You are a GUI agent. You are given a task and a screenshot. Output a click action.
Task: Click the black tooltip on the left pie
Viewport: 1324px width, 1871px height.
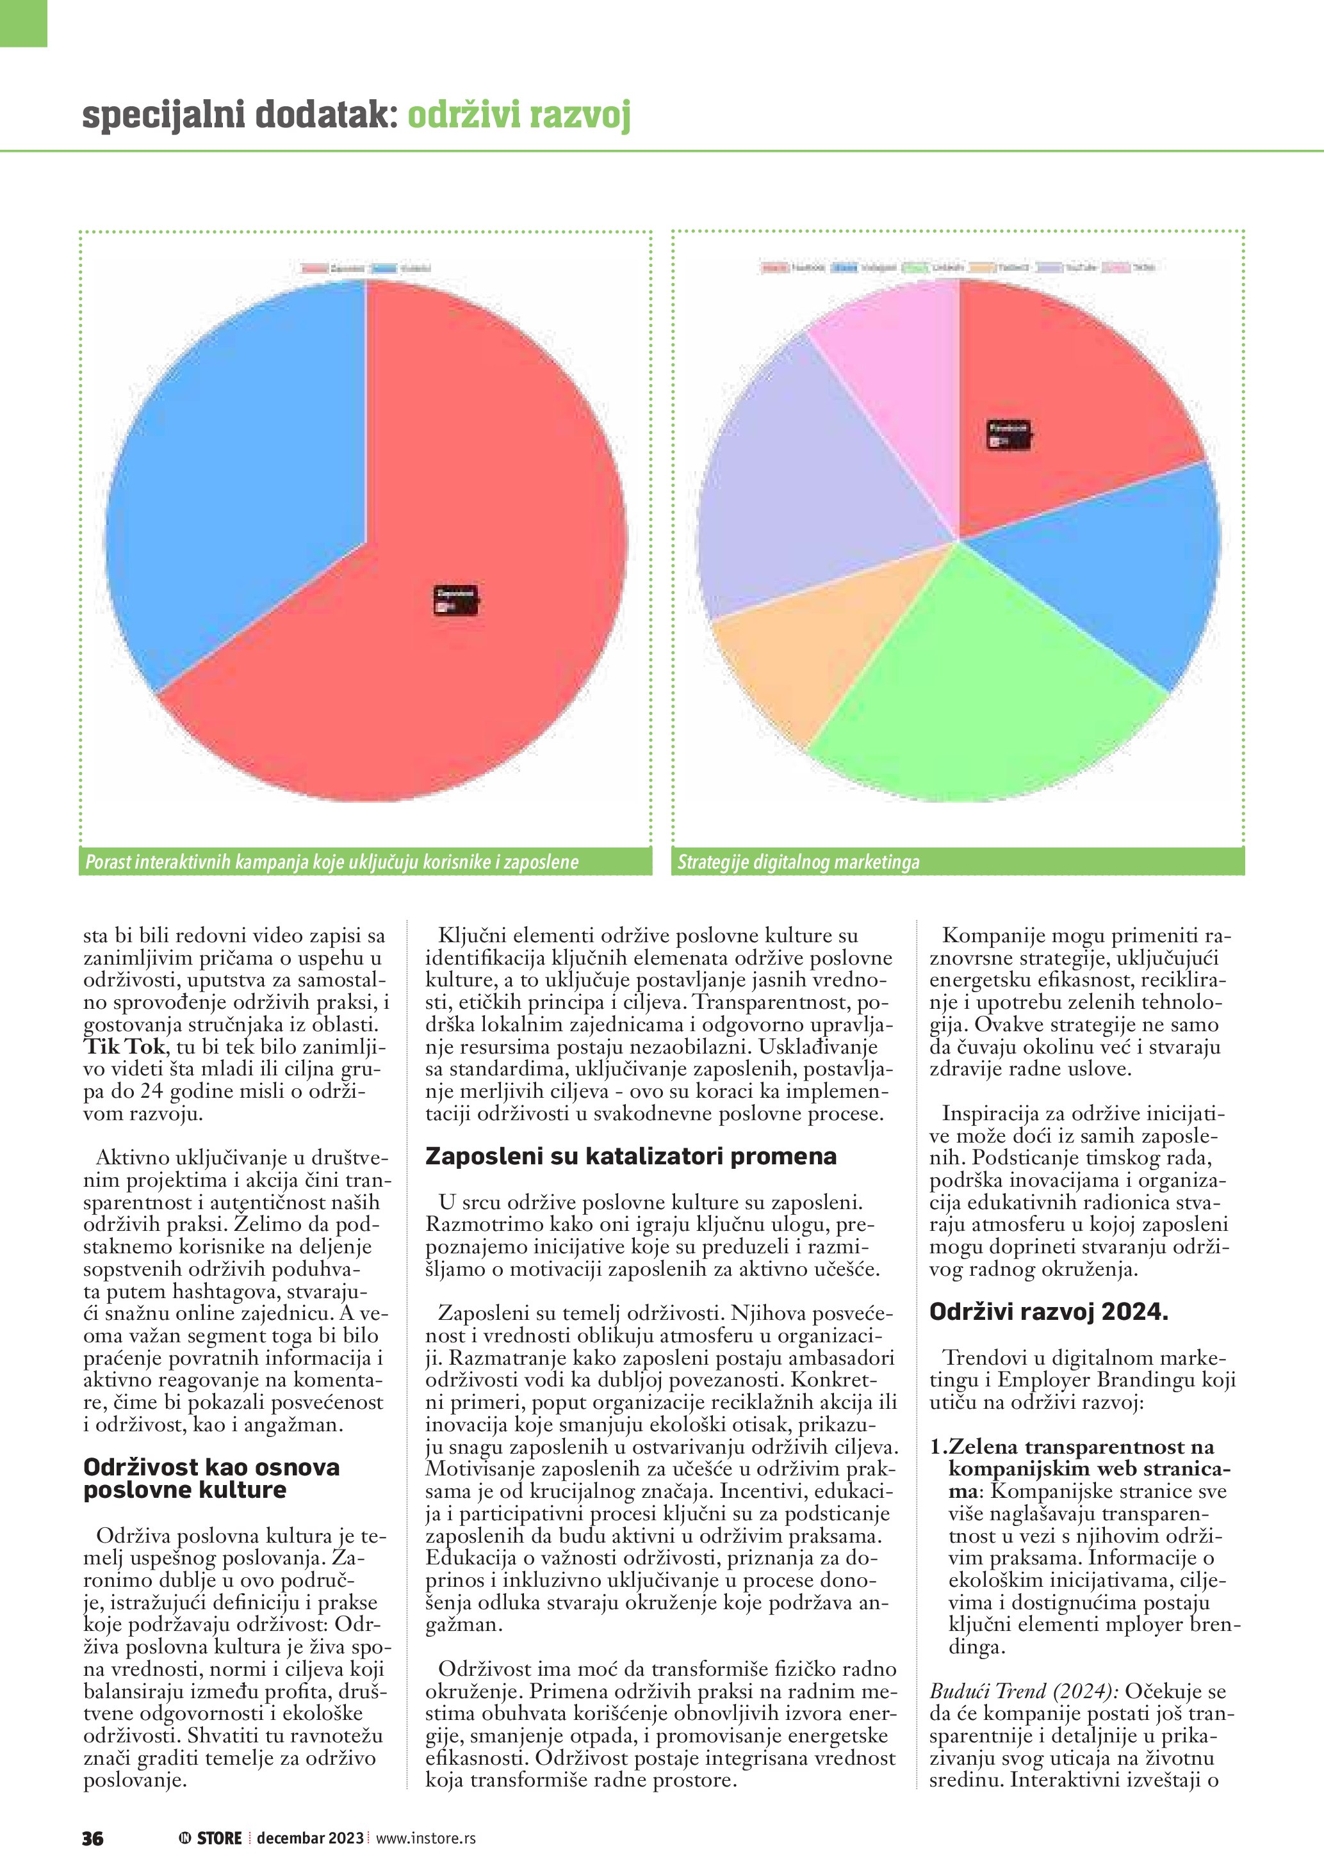[455, 600]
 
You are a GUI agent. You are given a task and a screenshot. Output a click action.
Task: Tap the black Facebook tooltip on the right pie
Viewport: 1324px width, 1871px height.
[1008, 435]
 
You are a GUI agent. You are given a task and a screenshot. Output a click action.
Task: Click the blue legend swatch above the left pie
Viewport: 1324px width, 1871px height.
[384, 268]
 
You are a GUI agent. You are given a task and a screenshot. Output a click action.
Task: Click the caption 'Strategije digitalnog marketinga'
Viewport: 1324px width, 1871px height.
[798, 862]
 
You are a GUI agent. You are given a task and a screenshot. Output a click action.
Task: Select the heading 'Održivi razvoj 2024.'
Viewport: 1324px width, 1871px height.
[1049, 1311]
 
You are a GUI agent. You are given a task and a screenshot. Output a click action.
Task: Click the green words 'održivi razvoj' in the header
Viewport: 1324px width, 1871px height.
[518, 115]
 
